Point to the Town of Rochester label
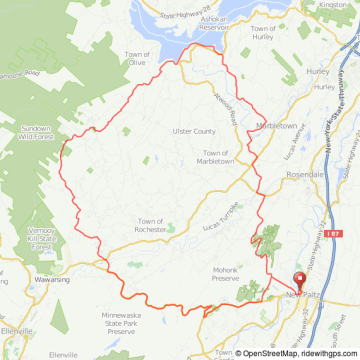[157, 222]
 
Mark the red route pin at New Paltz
[295, 282]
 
